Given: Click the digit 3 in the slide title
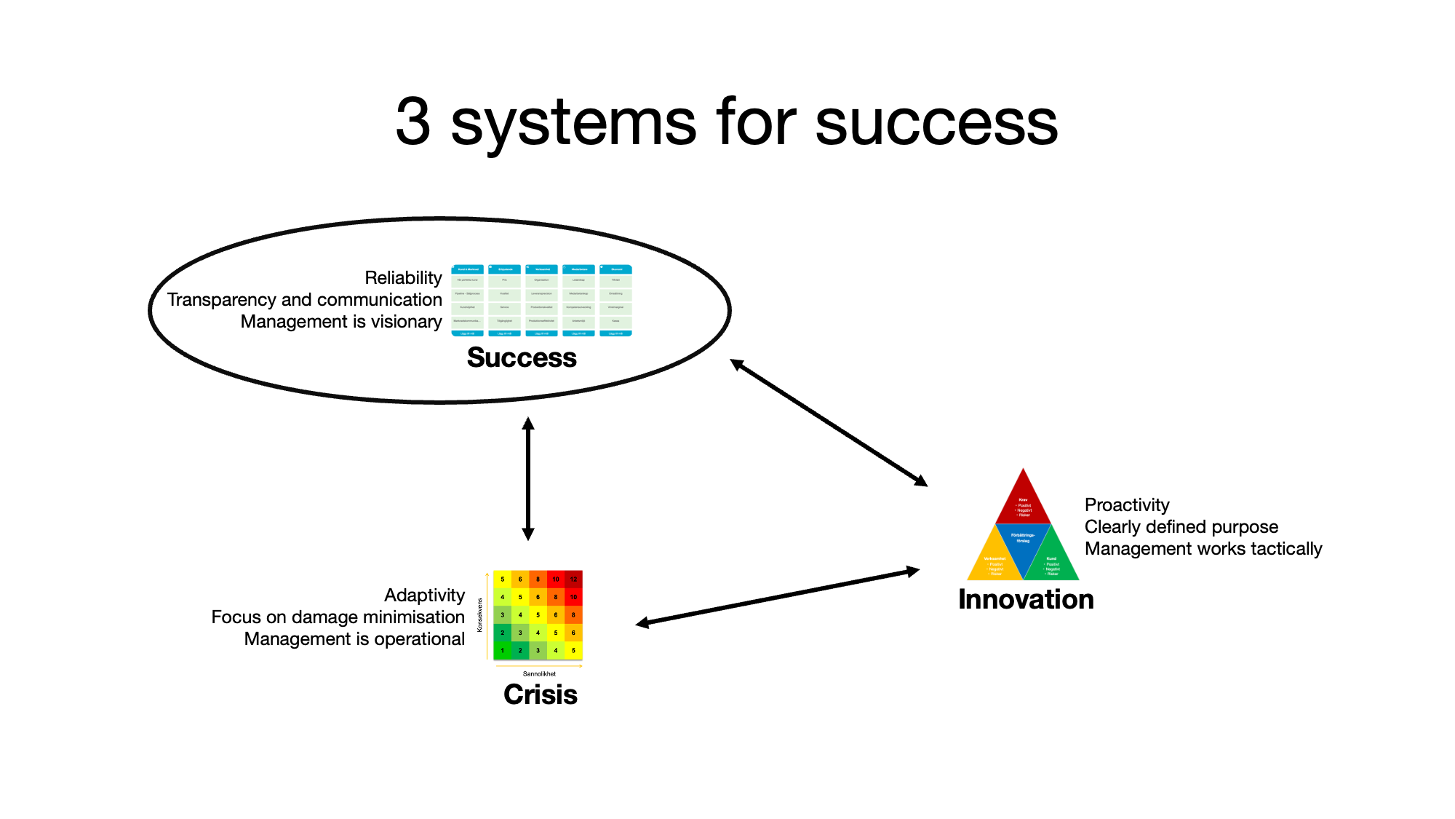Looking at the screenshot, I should [x=413, y=122].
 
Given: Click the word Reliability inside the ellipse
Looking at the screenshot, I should [x=403, y=278].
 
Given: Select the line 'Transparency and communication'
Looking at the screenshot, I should [x=304, y=300].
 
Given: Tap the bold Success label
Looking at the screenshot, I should [x=522, y=357].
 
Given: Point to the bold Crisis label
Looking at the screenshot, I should [x=540, y=695].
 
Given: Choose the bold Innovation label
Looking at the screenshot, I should [x=1026, y=599].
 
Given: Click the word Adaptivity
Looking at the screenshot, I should [x=424, y=596].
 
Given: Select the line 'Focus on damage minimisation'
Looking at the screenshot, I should [x=338, y=617].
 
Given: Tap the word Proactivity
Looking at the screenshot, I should [x=1127, y=505].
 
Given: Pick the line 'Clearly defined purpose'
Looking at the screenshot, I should [x=1181, y=527].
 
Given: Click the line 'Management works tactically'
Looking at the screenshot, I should [x=1203, y=549].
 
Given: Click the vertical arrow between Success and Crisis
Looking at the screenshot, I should [x=528, y=478].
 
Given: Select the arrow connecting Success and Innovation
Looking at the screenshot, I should [x=829, y=422].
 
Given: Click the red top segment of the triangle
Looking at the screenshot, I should [x=1023, y=502].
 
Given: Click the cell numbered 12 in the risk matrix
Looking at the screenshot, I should [x=573, y=579].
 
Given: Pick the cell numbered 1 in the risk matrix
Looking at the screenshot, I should [x=502, y=651].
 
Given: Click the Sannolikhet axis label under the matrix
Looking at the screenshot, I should [x=539, y=674].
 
